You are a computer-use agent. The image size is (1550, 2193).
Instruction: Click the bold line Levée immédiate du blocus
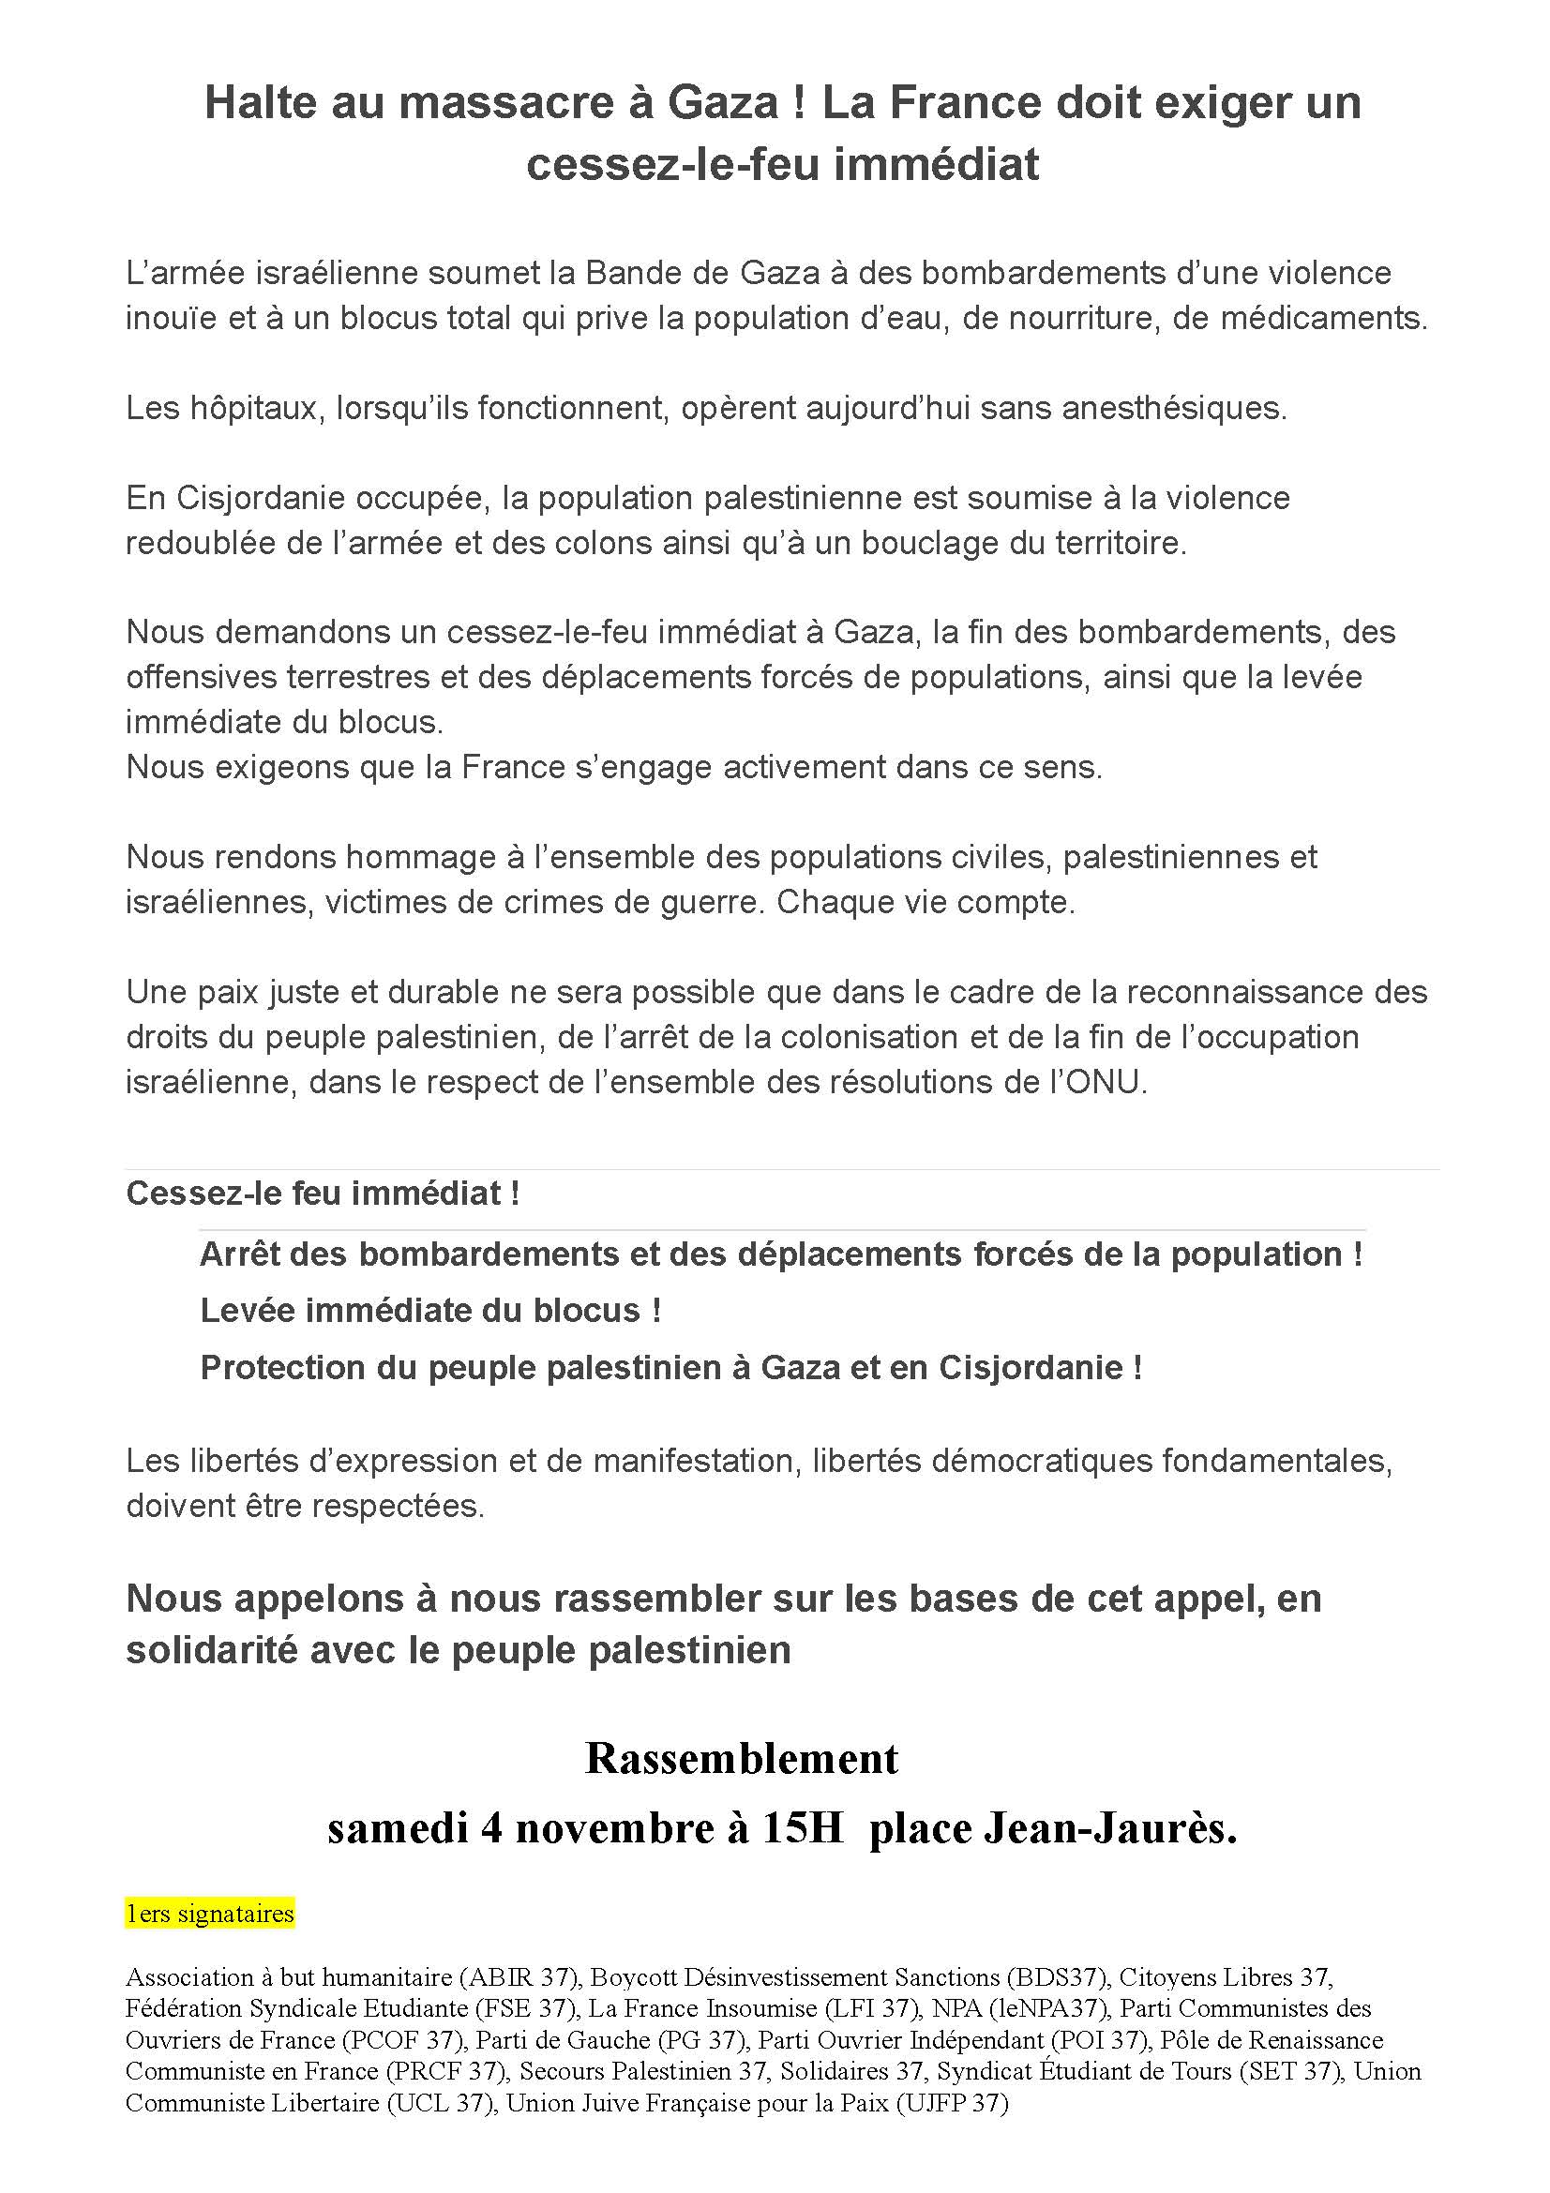click(x=430, y=1310)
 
